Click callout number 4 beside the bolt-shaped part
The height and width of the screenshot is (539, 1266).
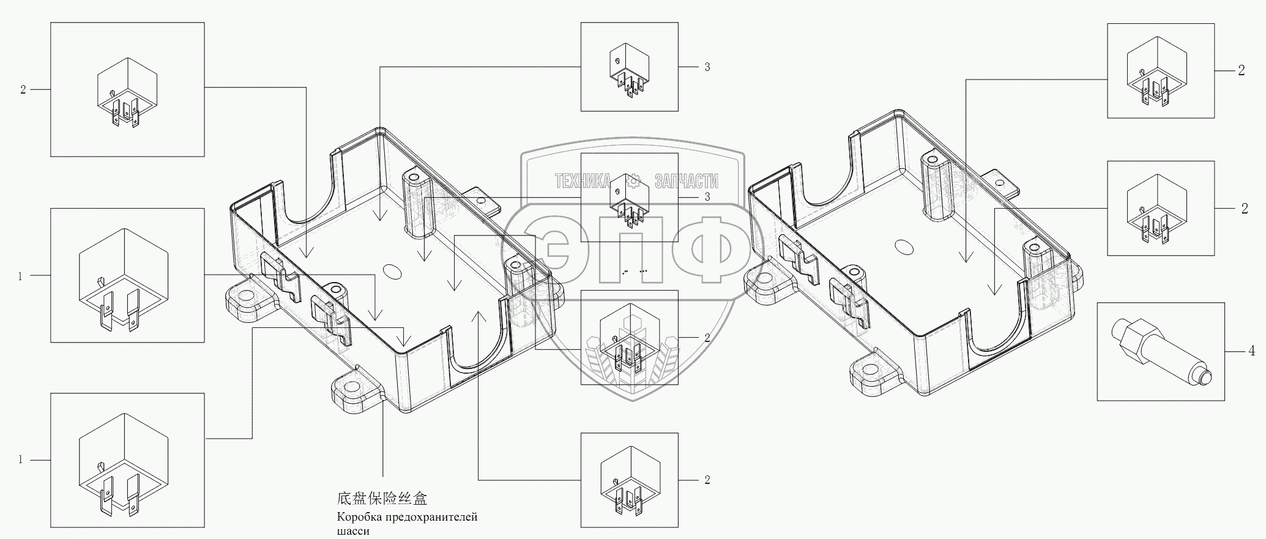[x=1251, y=351]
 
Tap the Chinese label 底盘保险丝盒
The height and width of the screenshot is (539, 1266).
[x=382, y=498]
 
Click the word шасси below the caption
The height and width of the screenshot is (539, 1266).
[x=353, y=531]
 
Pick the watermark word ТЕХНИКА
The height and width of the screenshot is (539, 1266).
[x=583, y=181]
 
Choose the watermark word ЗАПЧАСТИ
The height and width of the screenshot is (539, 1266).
[x=686, y=181]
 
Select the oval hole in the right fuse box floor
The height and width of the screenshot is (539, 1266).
[x=903, y=247]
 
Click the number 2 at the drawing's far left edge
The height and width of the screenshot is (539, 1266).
[x=23, y=90]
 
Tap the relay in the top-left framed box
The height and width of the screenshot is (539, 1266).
[x=127, y=92]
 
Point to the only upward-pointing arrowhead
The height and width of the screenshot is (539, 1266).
[x=479, y=314]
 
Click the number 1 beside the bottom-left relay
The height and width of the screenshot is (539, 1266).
[x=20, y=459]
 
